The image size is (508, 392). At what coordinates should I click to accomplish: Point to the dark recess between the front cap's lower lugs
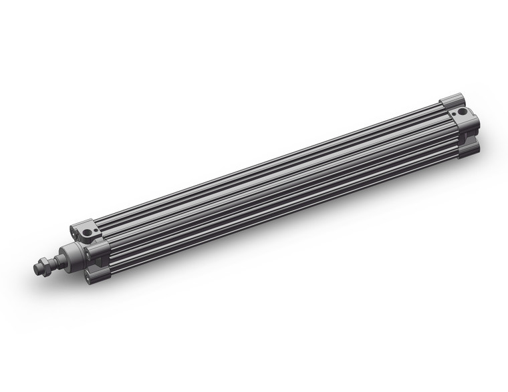[98, 262]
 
